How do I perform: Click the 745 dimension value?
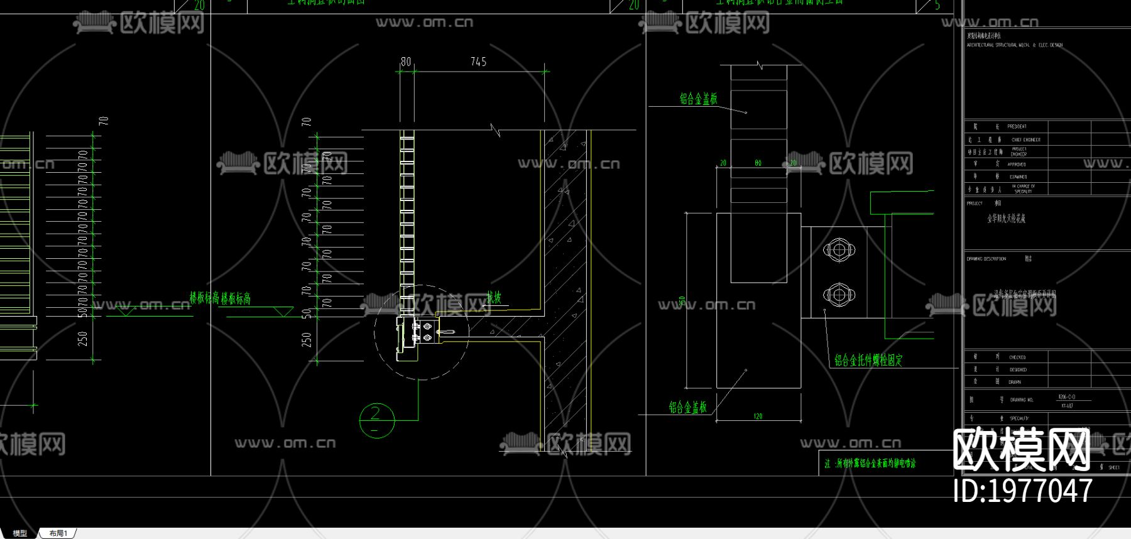pyautogui.click(x=478, y=62)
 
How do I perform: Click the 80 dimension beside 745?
pyautogui.click(x=406, y=62)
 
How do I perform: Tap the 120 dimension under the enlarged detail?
pyautogui.click(x=758, y=416)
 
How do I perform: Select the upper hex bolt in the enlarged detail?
pyautogui.click(x=839, y=250)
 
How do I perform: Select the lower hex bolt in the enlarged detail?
pyautogui.click(x=839, y=294)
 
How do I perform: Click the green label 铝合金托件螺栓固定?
pyautogui.click(x=868, y=360)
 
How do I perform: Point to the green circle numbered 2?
pyautogui.click(x=376, y=420)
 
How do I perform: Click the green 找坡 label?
pyautogui.click(x=494, y=298)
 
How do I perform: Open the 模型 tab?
pyautogui.click(x=20, y=533)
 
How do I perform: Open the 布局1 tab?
pyautogui.click(x=58, y=533)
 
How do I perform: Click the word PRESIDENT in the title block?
pyautogui.click(x=1017, y=126)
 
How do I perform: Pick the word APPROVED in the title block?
pyautogui.click(x=1017, y=165)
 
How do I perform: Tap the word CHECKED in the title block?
pyautogui.click(x=1017, y=357)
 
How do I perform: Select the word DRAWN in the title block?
pyautogui.click(x=1015, y=382)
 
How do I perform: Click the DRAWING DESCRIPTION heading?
pyautogui.click(x=986, y=259)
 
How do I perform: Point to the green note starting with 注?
pyautogui.click(x=870, y=464)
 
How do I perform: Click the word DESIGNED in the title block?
pyautogui.click(x=1018, y=369)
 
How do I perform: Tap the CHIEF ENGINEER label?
pyautogui.click(x=1025, y=139)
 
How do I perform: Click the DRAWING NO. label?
pyautogui.click(x=1022, y=400)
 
